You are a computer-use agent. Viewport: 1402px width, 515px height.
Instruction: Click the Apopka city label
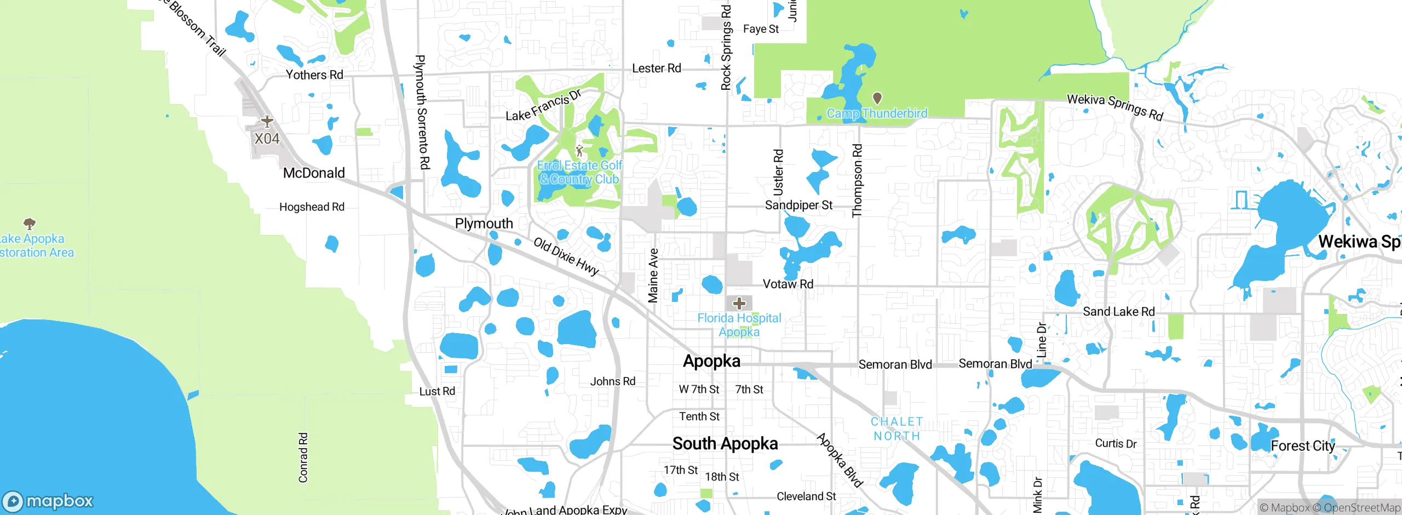click(x=711, y=361)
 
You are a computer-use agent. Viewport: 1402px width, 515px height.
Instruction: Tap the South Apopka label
click(x=725, y=443)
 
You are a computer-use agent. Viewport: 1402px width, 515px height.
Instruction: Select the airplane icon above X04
click(x=267, y=121)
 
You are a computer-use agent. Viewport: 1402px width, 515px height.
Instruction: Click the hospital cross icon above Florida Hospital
click(x=739, y=303)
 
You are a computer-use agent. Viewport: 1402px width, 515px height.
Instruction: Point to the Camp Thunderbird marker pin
click(x=877, y=98)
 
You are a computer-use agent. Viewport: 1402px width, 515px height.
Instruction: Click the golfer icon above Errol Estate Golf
click(x=579, y=150)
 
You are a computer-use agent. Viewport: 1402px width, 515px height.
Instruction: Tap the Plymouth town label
click(x=484, y=224)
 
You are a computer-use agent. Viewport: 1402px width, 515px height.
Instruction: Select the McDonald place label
click(x=314, y=173)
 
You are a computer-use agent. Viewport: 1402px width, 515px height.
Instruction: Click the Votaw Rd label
click(x=788, y=284)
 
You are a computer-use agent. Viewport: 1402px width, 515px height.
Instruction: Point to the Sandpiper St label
click(x=798, y=205)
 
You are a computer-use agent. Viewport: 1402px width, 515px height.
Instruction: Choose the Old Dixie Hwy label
click(x=566, y=256)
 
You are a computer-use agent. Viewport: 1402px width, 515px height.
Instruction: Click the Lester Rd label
click(x=656, y=68)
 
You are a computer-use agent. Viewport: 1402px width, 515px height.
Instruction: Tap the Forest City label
click(x=1302, y=446)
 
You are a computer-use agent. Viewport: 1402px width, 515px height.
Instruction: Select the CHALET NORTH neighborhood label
click(x=897, y=429)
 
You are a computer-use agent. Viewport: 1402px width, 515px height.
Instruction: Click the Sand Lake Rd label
click(x=1118, y=312)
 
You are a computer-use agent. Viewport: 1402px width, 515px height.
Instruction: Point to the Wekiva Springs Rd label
click(x=1114, y=107)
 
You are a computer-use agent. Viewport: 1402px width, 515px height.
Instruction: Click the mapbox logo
click(x=48, y=501)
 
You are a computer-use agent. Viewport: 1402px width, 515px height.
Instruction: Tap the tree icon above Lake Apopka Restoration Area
click(x=30, y=224)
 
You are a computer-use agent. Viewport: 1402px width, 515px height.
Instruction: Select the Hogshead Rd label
click(x=312, y=207)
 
